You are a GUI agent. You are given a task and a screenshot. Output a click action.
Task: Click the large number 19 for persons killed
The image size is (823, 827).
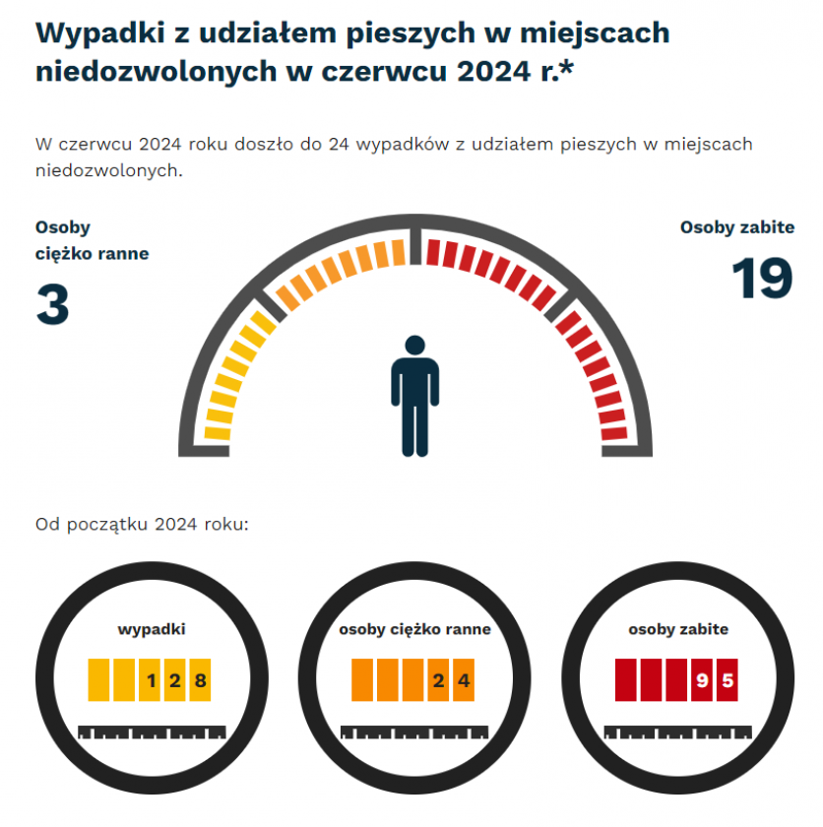(x=762, y=278)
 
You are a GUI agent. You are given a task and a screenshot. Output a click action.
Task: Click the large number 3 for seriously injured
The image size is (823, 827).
(x=53, y=304)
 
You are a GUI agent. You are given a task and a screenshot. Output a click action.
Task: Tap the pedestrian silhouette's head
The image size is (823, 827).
(x=414, y=348)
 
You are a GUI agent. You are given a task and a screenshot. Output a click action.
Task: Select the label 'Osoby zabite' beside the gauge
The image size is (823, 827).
(x=737, y=227)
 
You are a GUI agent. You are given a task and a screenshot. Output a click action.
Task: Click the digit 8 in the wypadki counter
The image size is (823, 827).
(x=201, y=679)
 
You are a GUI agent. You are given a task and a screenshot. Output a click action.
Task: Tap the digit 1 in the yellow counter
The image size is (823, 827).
(x=151, y=679)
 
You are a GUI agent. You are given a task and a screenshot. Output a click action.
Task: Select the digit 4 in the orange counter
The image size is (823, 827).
(x=464, y=679)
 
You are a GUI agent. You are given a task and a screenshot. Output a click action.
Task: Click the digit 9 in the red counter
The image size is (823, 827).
(x=702, y=679)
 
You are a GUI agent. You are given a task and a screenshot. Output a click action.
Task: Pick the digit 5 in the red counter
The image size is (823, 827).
(x=728, y=679)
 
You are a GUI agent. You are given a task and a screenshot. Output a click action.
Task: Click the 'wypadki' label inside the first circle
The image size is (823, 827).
(x=152, y=629)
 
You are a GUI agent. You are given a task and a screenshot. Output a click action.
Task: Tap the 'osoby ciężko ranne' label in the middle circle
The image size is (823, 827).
(x=414, y=629)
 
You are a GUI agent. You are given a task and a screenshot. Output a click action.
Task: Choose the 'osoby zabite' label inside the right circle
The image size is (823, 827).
(x=678, y=629)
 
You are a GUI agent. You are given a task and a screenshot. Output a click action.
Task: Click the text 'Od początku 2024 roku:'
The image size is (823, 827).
(x=142, y=523)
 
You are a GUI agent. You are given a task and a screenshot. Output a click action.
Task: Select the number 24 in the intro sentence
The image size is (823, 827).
(x=339, y=145)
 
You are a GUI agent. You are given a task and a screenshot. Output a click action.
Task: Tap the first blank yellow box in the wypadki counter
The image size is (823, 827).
(x=99, y=679)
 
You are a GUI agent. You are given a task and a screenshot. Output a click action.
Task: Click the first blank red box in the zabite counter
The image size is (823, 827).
(x=626, y=679)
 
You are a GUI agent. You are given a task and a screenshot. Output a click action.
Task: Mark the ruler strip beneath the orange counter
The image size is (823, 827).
(x=414, y=732)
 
